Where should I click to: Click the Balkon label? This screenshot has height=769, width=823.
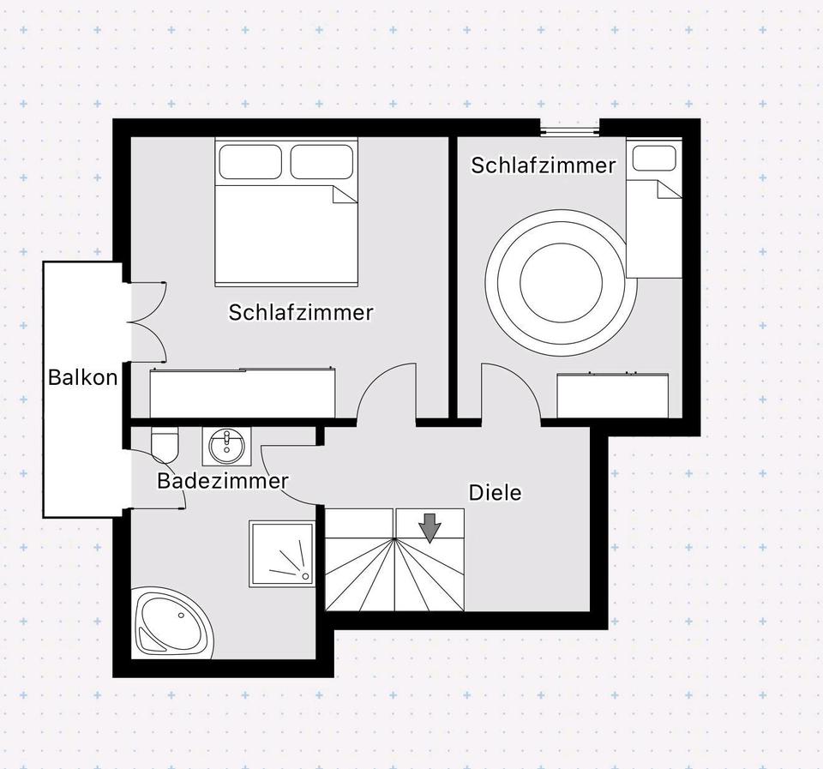(82, 377)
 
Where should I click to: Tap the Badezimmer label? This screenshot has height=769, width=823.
(222, 482)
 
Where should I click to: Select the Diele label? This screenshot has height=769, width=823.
(495, 493)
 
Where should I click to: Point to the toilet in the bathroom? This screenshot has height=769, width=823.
(164, 443)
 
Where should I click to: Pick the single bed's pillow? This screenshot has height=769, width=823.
(654, 159)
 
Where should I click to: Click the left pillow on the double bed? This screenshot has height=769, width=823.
(249, 161)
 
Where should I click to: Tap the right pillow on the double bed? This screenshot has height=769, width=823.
(321, 161)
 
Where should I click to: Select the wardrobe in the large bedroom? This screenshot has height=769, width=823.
(243, 393)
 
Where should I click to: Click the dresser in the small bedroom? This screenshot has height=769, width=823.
(613, 395)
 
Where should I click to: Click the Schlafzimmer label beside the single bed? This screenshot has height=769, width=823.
(544, 165)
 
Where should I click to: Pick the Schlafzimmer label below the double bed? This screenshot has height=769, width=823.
(301, 313)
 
